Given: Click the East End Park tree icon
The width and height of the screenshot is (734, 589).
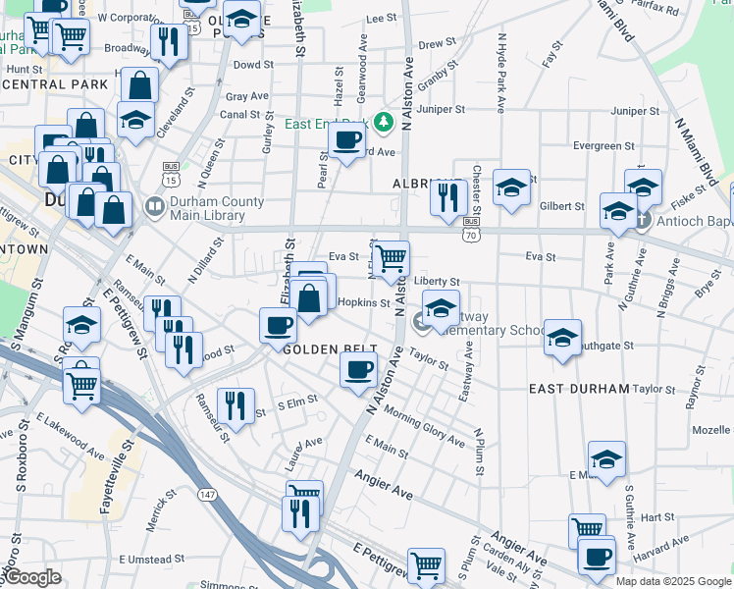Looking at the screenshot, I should point(384,123).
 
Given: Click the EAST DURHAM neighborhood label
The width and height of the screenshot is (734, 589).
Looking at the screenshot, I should point(579,389).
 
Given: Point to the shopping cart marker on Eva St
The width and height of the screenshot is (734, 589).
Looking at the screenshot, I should point(392,259).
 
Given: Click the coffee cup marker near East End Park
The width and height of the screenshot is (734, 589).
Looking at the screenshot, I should point(345,140).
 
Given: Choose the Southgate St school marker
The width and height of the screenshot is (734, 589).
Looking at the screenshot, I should point(562,338).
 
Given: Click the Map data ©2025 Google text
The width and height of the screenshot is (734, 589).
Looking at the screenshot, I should point(674,581).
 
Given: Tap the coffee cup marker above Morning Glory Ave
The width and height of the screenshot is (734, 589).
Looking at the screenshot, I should point(358,370).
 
